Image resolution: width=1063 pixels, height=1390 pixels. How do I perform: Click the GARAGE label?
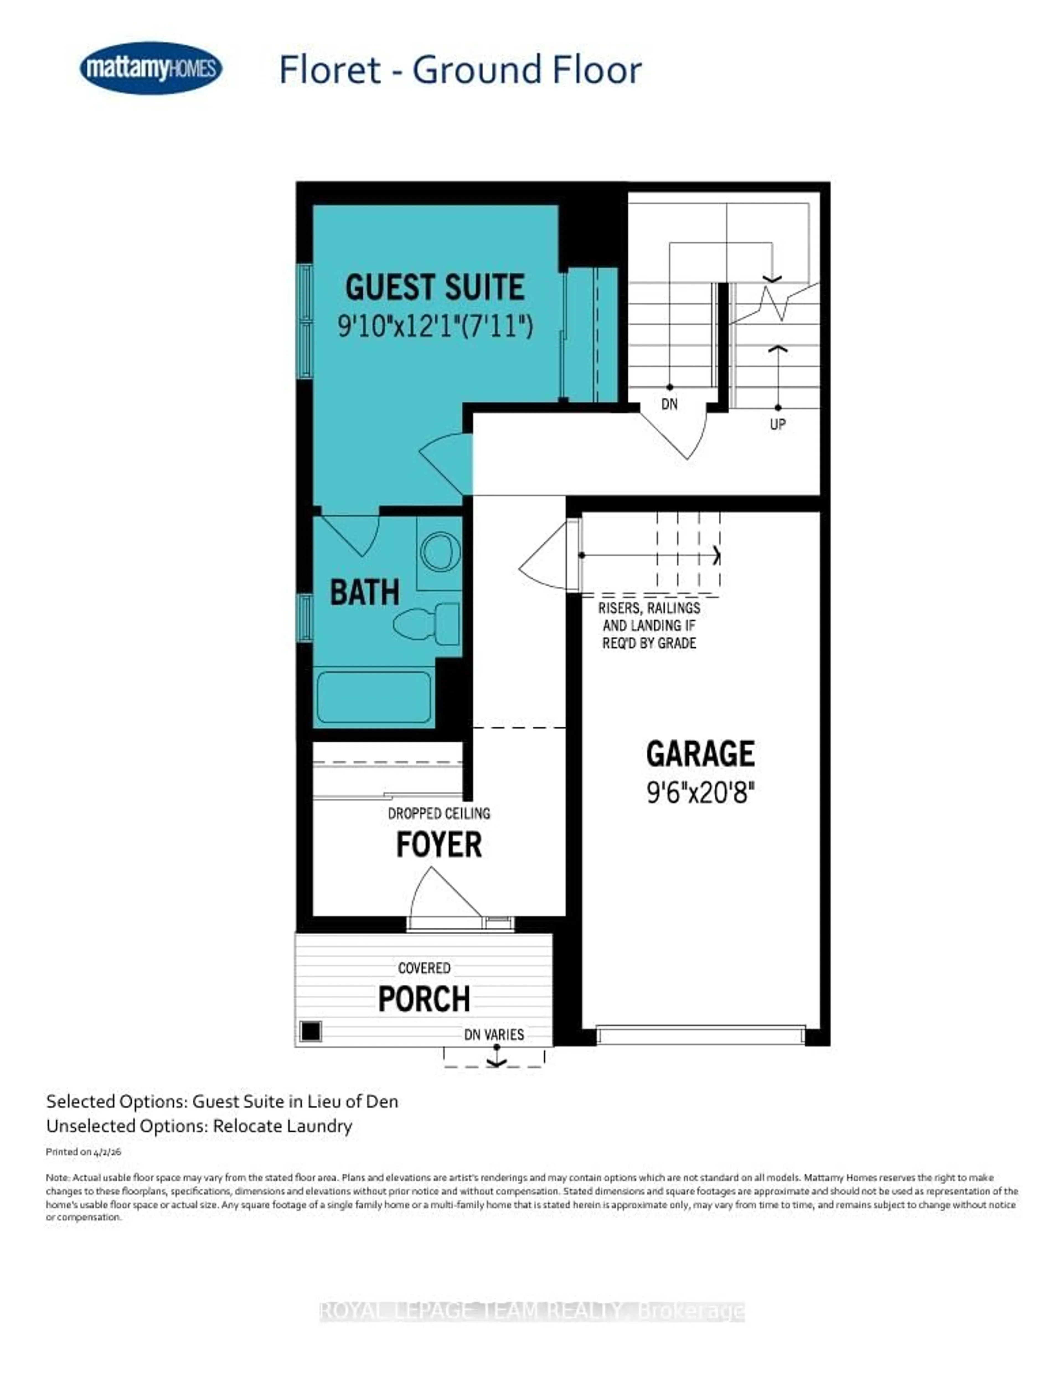point(700,753)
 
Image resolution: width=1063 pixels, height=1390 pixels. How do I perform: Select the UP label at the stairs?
point(778,424)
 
